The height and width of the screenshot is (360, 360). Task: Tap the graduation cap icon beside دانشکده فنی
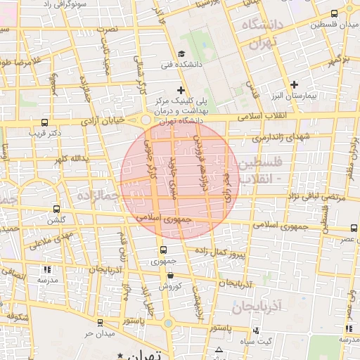182,54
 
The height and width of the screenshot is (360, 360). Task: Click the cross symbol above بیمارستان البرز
295,84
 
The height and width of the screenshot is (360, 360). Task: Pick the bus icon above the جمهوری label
163,250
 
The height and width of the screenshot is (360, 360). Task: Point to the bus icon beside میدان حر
101,322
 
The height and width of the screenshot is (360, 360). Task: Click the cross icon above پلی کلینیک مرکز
181,89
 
